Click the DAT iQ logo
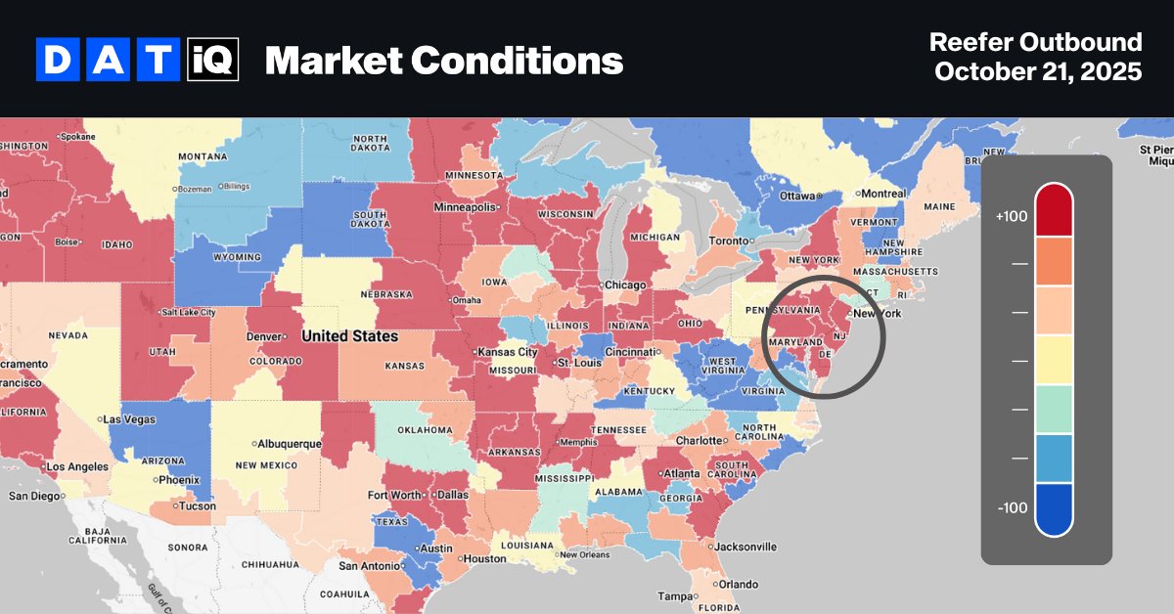[x=137, y=61]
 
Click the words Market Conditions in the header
[x=443, y=61]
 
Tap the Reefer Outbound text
[x=1035, y=42]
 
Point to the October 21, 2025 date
[x=1038, y=72]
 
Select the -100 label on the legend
[x=1011, y=507]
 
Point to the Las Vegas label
[x=129, y=418]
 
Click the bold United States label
[x=349, y=336]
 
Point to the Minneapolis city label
[x=466, y=207]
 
